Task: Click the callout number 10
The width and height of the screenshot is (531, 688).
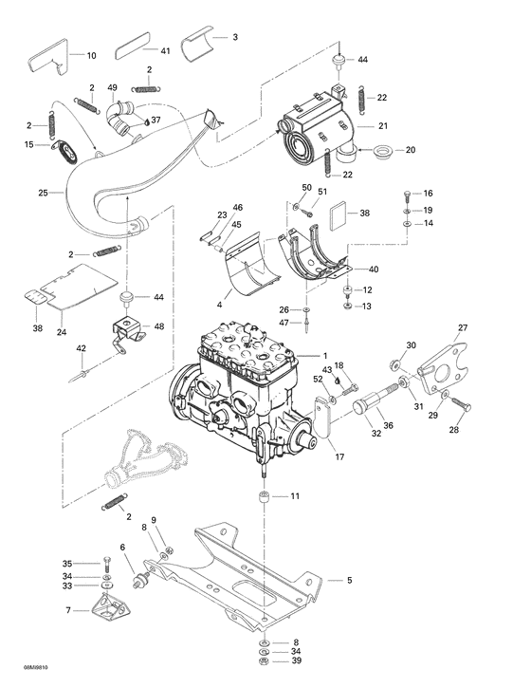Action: tap(91, 56)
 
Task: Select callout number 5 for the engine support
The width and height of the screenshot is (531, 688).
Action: tap(349, 580)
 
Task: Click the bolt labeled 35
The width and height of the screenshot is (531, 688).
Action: tap(105, 564)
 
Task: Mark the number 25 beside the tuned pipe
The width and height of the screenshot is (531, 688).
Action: tap(42, 193)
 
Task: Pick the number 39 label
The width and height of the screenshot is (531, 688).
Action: tap(297, 660)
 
